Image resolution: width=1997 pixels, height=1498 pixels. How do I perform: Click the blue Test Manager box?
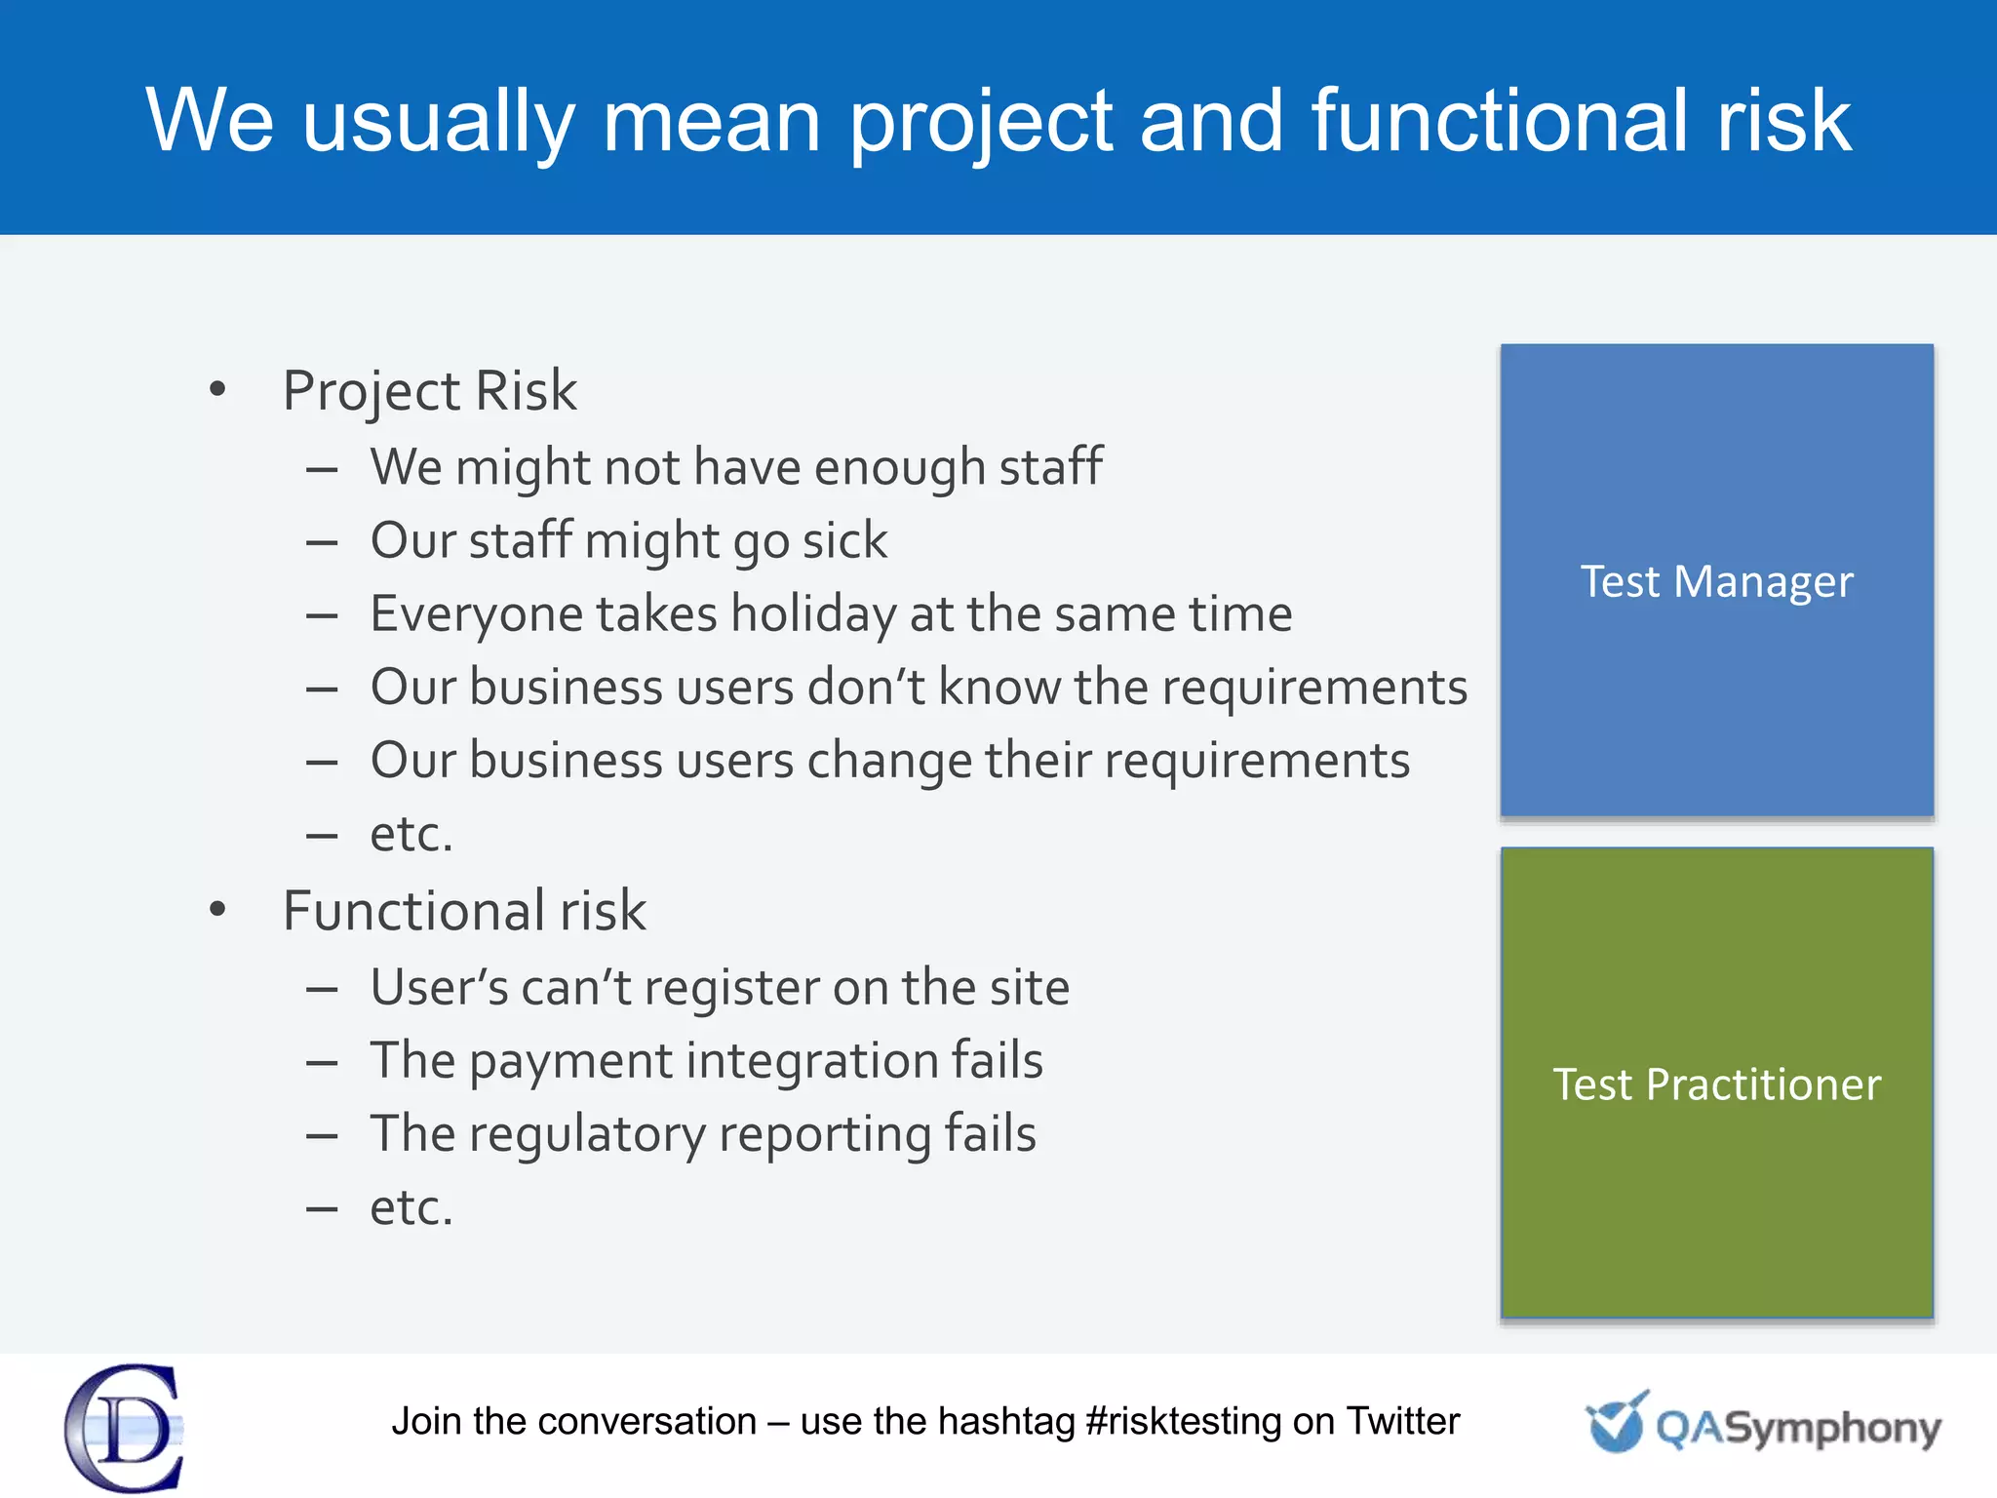[1716, 580]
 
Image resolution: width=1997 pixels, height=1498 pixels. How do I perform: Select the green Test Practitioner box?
[1716, 1083]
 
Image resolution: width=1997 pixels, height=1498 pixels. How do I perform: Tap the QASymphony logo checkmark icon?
[1616, 1422]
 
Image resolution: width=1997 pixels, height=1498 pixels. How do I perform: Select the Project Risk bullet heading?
[429, 391]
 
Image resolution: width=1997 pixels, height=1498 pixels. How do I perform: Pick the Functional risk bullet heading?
[464, 911]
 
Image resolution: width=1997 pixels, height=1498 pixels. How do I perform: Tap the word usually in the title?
[439, 121]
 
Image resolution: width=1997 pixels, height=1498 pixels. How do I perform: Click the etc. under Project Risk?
[411, 835]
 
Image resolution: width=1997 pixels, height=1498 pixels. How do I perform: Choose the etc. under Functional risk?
[411, 1208]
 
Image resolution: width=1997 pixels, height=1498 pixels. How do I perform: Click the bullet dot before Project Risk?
[217, 390]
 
